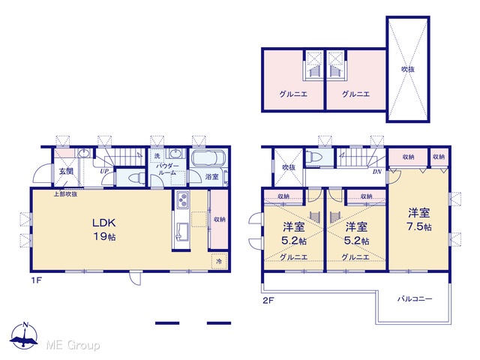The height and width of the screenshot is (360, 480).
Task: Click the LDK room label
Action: pyautogui.click(x=104, y=223)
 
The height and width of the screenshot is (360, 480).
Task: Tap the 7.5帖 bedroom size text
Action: pyautogui.click(x=418, y=226)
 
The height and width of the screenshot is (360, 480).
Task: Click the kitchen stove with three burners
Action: pyautogui.click(x=183, y=200)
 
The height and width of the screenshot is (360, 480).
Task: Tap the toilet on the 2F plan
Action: pyautogui.click(x=314, y=157)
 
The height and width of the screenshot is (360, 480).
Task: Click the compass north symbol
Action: pyautogui.click(x=24, y=336)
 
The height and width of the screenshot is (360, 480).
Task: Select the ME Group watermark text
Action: pyautogui.click(x=73, y=346)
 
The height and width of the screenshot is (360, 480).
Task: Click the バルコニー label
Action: pyautogui.click(x=415, y=298)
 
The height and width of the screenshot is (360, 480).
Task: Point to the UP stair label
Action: pyautogui.click(x=104, y=172)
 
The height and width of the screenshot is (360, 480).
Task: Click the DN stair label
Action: pyautogui.click(x=376, y=172)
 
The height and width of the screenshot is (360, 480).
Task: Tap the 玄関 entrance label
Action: pyautogui.click(x=67, y=171)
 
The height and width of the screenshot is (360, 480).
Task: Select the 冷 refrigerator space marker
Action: pyautogui.click(x=219, y=261)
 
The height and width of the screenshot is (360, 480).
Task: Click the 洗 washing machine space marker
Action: pyautogui.click(x=157, y=156)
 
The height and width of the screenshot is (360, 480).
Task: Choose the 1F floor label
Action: pyautogui.click(x=36, y=280)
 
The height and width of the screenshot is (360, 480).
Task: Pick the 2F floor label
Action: pyautogui.click(x=268, y=301)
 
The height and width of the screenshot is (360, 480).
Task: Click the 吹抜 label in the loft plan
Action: pyautogui.click(x=408, y=70)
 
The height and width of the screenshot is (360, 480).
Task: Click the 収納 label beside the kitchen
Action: pyautogui.click(x=220, y=219)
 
